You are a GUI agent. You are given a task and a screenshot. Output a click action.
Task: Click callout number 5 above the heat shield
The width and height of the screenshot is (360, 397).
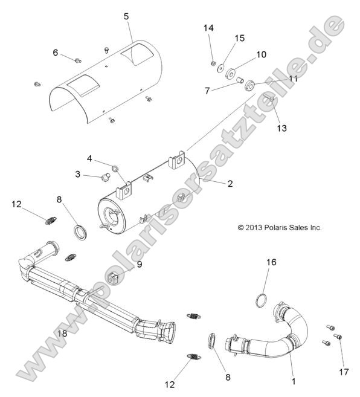(x=126, y=16)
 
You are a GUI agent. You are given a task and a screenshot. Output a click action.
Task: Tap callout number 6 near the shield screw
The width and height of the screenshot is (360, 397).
(x=55, y=53)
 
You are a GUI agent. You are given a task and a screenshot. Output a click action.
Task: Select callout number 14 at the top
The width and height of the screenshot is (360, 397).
(x=208, y=28)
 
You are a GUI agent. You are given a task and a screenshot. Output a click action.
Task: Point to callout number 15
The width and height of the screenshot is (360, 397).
(x=239, y=38)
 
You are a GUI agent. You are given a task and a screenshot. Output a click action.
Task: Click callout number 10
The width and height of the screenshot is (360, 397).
(x=261, y=54)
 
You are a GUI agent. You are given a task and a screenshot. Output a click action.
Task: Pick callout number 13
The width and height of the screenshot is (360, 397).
(x=281, y=128)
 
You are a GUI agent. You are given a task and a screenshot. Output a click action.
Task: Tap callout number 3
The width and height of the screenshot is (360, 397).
(x=78, y=174)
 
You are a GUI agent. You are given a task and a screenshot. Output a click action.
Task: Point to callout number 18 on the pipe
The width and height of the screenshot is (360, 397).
(x=62, y=332)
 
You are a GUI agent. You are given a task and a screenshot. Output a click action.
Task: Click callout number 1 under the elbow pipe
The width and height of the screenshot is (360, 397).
(x=294, y=381)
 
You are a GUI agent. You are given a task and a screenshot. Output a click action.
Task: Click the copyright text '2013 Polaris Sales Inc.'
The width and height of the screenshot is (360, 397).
(x=280, y=228)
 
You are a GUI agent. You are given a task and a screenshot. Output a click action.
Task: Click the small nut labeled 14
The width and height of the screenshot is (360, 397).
(x=214, y=62)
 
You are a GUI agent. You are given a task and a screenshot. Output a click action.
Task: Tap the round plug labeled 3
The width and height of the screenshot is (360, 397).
(x=103, y=178)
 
